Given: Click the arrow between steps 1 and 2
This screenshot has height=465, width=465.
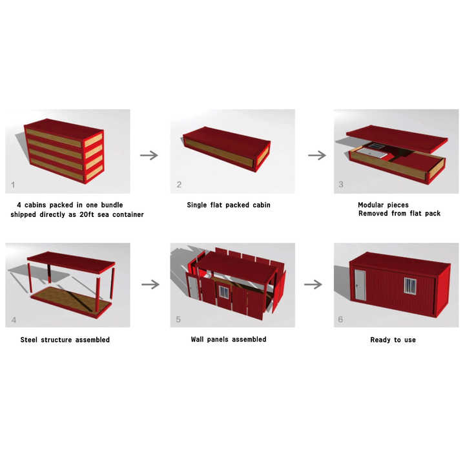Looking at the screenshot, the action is (149, 155).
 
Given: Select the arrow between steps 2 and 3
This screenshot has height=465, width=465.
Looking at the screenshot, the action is (317, 155).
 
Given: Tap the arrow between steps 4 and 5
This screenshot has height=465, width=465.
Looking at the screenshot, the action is (150, 284).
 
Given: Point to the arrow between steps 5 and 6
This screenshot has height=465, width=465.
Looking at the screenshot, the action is (313, 284).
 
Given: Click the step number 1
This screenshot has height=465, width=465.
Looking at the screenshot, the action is (13, 185).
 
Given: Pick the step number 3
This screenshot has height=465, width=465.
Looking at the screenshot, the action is (341, 184).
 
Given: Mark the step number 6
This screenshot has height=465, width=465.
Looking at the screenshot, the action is (340, 320).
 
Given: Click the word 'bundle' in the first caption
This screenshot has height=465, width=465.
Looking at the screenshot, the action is (112, 205).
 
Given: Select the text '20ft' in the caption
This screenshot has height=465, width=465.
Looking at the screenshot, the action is (87, 214).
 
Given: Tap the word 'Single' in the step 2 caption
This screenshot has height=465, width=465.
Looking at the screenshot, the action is (196, 205).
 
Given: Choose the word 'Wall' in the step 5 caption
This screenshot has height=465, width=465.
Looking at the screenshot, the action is (197, 339).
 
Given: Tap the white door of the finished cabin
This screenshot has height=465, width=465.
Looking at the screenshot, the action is (360, 285).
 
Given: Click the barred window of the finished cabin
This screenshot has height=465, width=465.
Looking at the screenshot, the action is (410, 286).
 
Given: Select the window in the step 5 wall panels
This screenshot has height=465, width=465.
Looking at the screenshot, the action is (224, 292).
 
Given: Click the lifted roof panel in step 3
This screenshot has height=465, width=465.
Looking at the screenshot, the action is (397, 138).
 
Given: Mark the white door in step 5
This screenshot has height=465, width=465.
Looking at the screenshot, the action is (193, 287).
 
